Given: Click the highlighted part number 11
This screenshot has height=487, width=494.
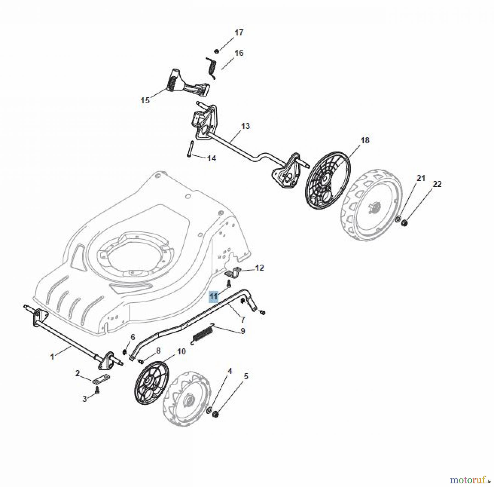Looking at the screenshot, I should click(x=214, y=296).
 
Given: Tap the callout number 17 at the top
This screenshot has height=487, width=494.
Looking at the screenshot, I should click(x=238, y=33).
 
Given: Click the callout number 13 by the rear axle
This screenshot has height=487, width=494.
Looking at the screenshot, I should click(x=245, y=126).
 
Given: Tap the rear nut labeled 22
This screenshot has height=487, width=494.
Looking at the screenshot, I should click(x=405, y=223).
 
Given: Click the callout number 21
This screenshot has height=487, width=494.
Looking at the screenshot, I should click(x=421, y=178).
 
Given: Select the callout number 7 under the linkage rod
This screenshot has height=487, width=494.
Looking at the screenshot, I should click(x=243, y=320).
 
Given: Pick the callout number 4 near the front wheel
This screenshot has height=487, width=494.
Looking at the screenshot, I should click(x=230, y=371).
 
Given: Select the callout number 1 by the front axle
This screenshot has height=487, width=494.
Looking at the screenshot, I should click(x=52, y=357).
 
